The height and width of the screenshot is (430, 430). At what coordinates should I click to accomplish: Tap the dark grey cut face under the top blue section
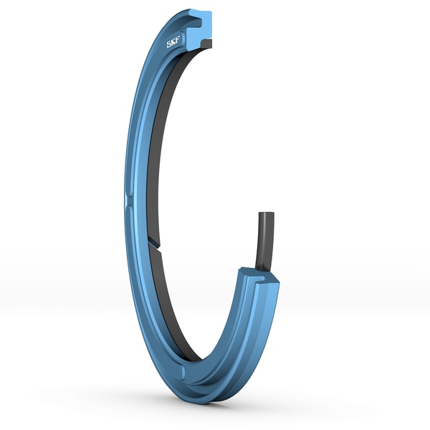[206, 44]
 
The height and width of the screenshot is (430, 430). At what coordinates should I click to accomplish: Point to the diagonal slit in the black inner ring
[156, 243]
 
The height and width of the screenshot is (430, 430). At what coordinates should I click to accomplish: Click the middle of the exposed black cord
[262, 240]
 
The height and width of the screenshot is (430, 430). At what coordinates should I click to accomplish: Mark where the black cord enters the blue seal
[262, 269]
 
